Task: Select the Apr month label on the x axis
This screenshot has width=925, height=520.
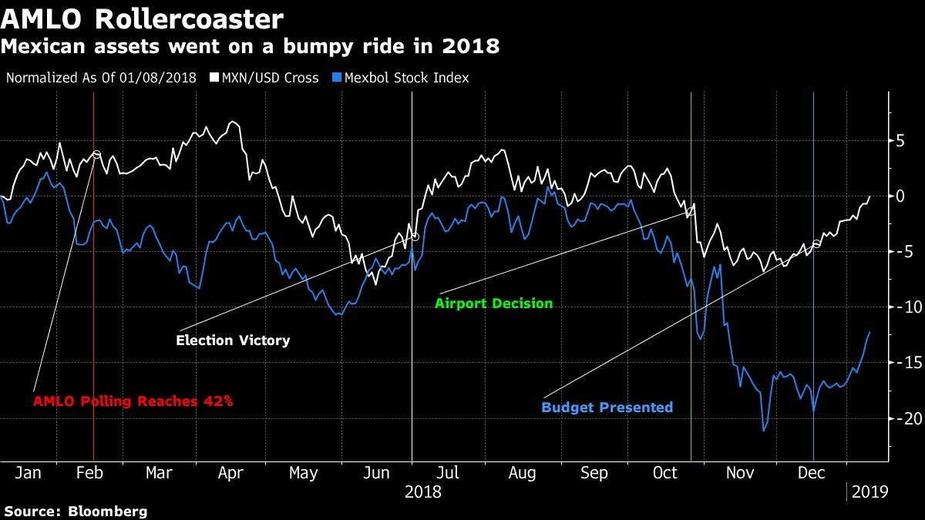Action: click(230, 473)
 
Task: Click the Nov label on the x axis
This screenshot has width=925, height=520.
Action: click(739, 473)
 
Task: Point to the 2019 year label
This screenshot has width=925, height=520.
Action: click(869, 491)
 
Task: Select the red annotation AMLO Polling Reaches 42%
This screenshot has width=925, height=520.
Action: click(133, 401)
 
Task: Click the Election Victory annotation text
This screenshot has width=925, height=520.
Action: click(233, 340)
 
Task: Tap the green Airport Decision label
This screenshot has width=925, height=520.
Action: click(493, 304)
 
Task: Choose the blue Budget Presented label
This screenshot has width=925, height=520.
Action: click(607, 408)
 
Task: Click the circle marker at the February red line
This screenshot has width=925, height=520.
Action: click(97, 154)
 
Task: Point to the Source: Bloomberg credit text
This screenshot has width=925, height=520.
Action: click(75, 511)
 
